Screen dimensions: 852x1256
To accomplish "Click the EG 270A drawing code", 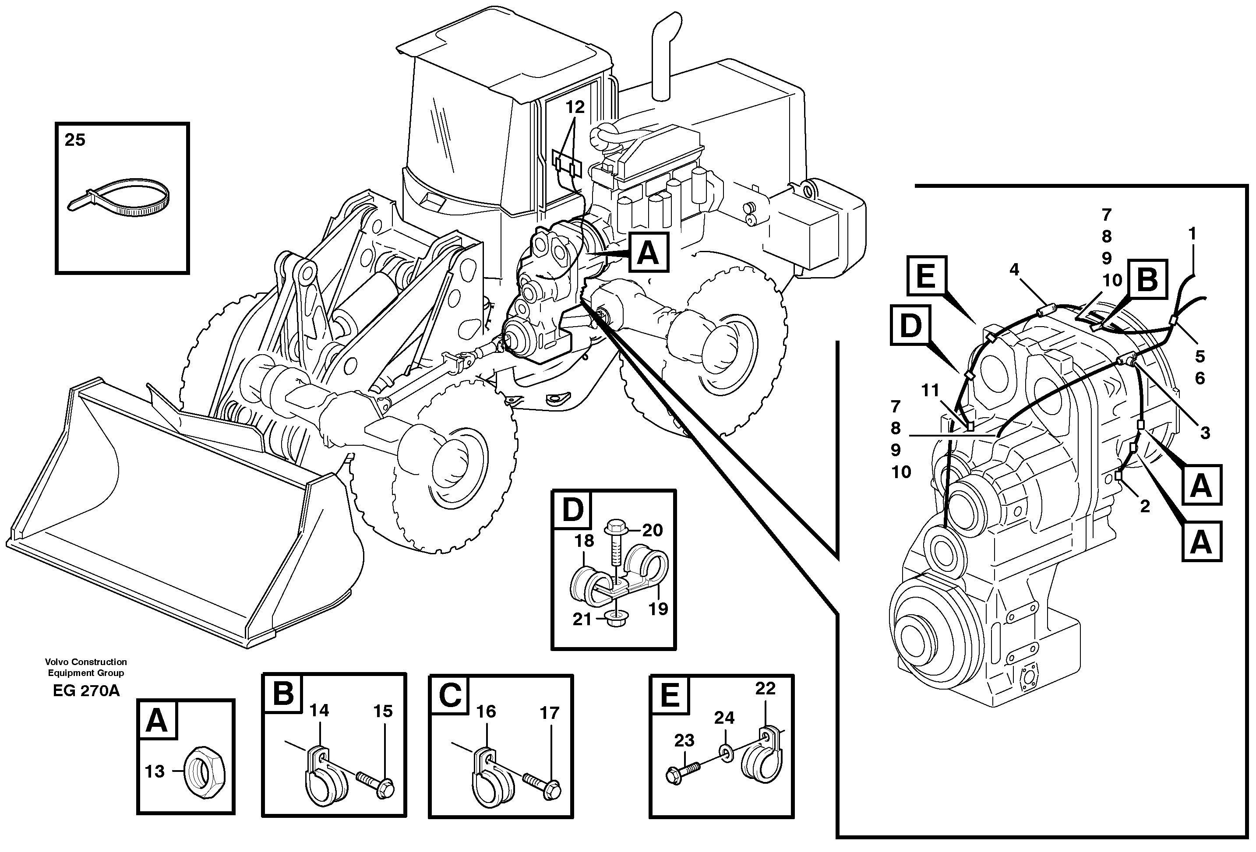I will pyautogui.click(x=86, y=691).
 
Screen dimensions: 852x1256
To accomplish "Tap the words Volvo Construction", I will pyautogui.click(x=86, y=662).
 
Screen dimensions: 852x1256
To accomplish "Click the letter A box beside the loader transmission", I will pyautogui.click(x=649, y=252).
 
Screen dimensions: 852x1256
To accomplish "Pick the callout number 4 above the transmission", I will pyautogui.click(x=1014, y=269).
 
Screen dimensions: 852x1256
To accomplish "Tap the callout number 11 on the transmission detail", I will pyautogui.click(x=930, y=390).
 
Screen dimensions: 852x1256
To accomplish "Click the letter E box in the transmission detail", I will pyautogui.click(x=926, y=276).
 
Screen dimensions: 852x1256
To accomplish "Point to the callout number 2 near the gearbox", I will pyautogui.click(x=1145, y=506).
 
